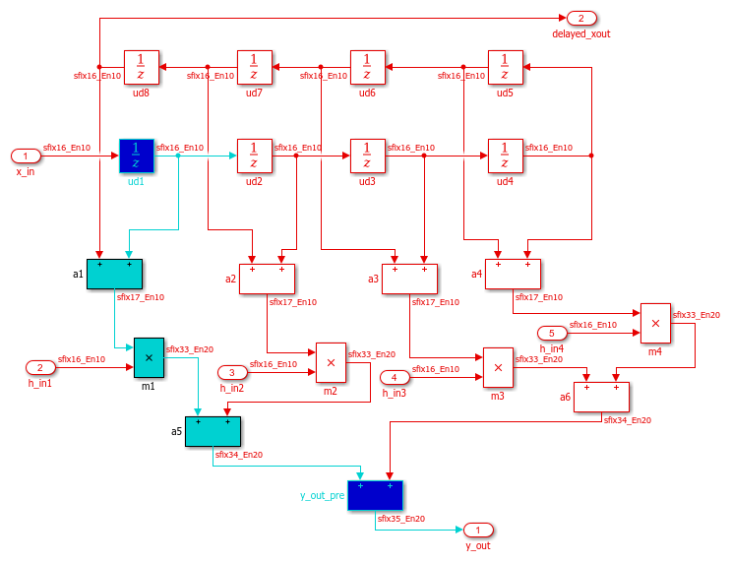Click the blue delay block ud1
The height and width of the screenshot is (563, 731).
136,156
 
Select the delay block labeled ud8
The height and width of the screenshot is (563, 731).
141,67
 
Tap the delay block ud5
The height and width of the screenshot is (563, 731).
505,67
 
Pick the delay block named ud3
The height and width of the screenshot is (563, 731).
367,156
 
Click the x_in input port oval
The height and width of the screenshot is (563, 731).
25,156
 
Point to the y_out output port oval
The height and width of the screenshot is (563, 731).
478,530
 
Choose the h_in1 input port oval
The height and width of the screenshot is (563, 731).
39,368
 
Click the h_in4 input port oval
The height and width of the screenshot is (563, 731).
552,333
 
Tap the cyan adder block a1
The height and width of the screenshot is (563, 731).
114,274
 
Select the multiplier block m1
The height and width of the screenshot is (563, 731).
149,357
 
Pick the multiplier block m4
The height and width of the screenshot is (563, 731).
655,322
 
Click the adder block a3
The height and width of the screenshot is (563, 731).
409,279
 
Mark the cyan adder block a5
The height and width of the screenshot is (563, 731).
213,431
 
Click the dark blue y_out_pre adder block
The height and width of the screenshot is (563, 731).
375,495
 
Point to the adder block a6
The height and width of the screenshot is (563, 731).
601,397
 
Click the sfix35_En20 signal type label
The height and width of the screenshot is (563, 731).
402,518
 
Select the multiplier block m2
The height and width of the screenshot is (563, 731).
331,362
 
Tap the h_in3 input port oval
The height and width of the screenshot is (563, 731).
395,378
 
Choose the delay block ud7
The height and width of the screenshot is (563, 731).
254,67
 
